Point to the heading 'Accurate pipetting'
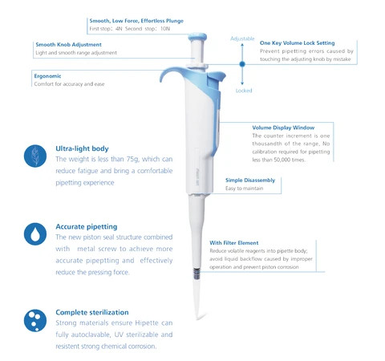(x=87, y=227)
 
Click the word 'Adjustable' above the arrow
(x=242, y=39)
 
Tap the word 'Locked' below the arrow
(x=244, y=91)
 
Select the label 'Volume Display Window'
(x=283, y=127)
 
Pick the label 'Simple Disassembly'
(x=250, y=180)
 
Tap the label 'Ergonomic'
(x=48, y=75)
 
